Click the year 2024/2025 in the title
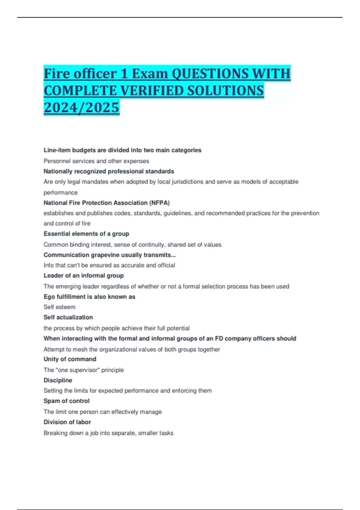pyautogui.click(x=81, y=107)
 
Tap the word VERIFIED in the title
pyautogui.click(x=150, y=91)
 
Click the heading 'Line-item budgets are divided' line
pyautogui.click(x=122, y=150)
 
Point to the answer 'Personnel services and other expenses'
pyautogui.click(x=96, y=161)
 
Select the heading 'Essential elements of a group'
pyautogui.click(x=86, y=234)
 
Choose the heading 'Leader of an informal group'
pyautogui.click(x=84, y=275)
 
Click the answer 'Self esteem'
pyautogui.click(x=59, y=307)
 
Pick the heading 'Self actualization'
pyautogui.click(x=68, y=317)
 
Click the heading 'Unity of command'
pyautogui.click(x=70, y=359)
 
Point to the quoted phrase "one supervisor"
pyautogui.click(x=84, y=370)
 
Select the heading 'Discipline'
pyautogui.click(x=58, y=380)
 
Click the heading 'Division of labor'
pyautogui.click(x=67, y=422)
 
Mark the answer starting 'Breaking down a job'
pyautogui.click(x=108, y=433)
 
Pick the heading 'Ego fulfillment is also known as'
pyautogui.click(x=89, y=297)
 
